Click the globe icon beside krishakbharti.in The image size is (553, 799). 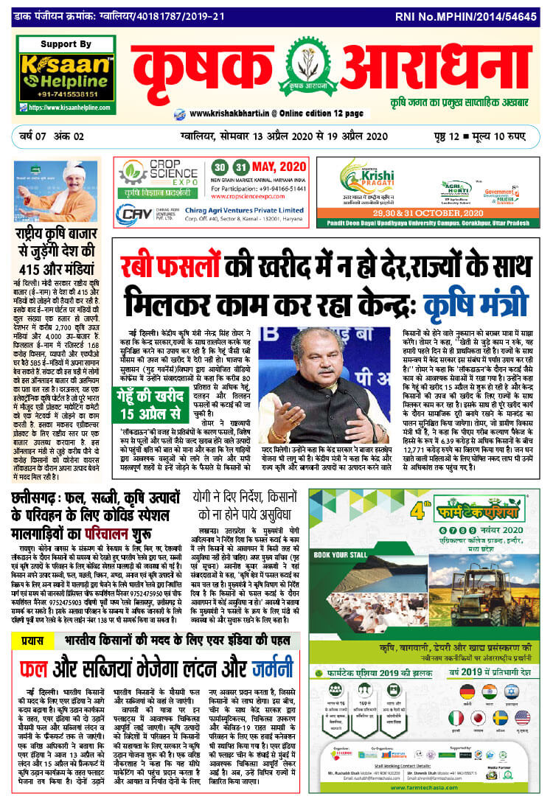(x=179, y=114)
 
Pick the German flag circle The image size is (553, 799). (x=467, y=691)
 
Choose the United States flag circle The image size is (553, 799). (x=523, y=717)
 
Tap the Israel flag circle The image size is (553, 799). (x=523, y=691)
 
